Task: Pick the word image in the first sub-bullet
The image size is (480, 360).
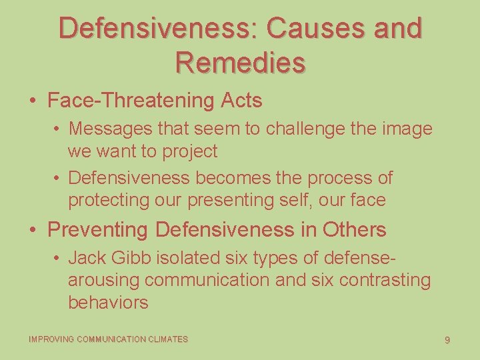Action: click(x=407, y=128)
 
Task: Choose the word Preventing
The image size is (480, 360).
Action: click(x=99, y=230)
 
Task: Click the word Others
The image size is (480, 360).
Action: click(x=354, y=230)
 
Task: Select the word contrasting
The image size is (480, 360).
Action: click(x=385, y=280)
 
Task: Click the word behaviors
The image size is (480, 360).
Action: click(x=108, y=303)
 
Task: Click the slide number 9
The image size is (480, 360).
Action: click(x=447, y=340)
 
